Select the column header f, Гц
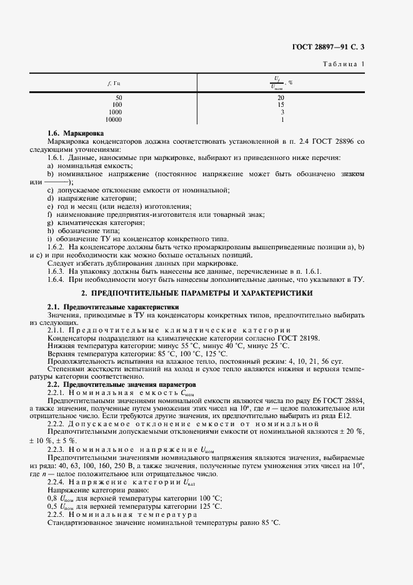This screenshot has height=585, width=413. tap(114, 83)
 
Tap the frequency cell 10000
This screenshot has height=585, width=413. tap(114, 119)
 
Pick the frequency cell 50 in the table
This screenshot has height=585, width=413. tap(119, 98)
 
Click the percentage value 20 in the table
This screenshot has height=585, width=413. tap(281, 98)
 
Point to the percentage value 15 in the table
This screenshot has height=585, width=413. tap(281, 105)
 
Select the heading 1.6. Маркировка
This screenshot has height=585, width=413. tap(76, 134)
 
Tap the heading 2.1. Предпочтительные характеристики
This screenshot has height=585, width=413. tap(113, 307)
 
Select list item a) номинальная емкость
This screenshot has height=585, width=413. tap(87, 166)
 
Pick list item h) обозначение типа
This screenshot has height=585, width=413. tap(83, 231)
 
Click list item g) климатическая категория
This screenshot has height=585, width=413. tap(96, 222)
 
